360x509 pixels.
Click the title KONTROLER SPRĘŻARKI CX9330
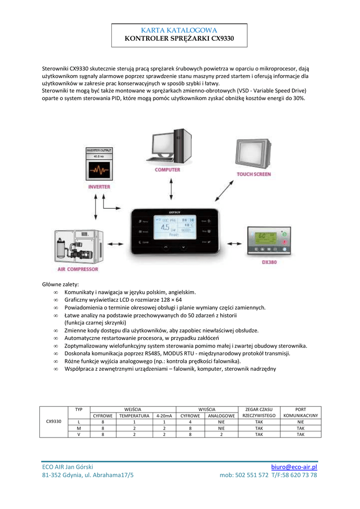179,39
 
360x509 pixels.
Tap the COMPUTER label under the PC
168,170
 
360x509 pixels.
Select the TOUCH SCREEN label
254,174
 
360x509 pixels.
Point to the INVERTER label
99,187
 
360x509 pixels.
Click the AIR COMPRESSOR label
78,269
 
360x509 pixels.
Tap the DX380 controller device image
269,241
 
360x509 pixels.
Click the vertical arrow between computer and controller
171,189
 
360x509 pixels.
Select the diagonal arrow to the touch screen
223,190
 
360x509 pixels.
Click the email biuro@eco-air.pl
294,467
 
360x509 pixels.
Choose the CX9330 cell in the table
54,422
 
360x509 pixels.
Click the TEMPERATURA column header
134,416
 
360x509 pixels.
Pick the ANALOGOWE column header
221,416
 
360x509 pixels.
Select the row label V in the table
79,434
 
